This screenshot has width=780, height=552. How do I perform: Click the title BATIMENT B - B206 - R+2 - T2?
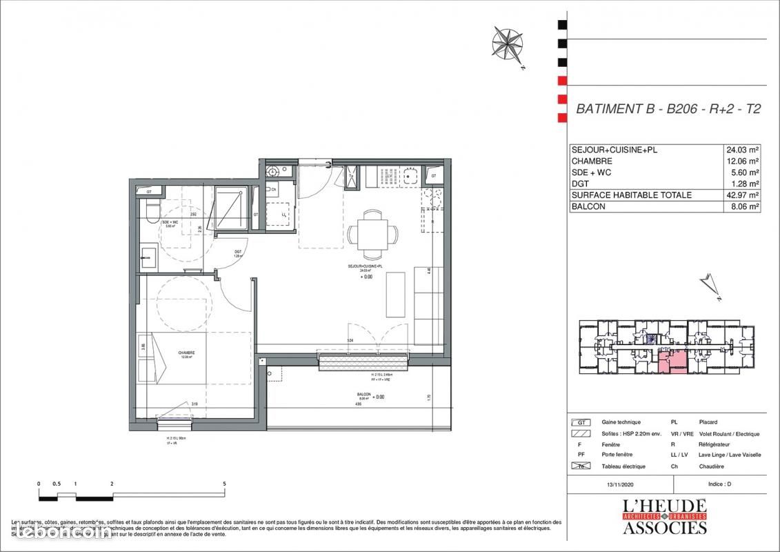[x=668, y=109]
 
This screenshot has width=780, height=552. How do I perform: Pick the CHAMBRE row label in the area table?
[x=592, y=161]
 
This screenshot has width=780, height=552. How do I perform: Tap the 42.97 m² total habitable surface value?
[x=742, y=195]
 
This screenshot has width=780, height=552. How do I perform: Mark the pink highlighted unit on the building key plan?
[x=671, y=361]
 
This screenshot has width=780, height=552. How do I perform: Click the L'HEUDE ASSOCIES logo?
[x=665, y=517]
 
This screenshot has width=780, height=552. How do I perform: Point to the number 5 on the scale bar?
[x=225, y=484]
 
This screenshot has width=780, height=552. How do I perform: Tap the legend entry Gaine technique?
[x=621, y=422]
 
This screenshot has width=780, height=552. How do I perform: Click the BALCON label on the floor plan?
[x=363, y=395]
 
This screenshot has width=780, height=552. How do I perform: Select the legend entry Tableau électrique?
[x=623, y=466]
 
